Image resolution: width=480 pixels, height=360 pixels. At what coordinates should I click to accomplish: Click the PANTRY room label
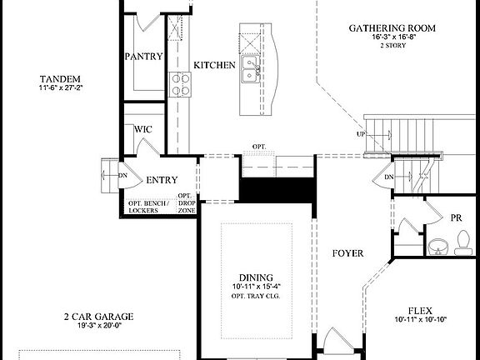pos(143,57)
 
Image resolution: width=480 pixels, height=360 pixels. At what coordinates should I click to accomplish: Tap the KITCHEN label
pos(214,66)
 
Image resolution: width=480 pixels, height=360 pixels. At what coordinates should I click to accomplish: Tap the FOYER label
pos(347,252)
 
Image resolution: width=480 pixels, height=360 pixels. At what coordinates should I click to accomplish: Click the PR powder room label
pos(456,217)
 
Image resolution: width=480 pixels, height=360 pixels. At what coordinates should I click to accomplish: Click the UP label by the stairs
pos(361,134)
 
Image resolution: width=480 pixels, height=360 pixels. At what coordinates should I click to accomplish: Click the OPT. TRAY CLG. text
pos(257,297)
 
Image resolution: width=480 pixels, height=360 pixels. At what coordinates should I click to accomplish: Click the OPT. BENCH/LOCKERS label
pos(150,206)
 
